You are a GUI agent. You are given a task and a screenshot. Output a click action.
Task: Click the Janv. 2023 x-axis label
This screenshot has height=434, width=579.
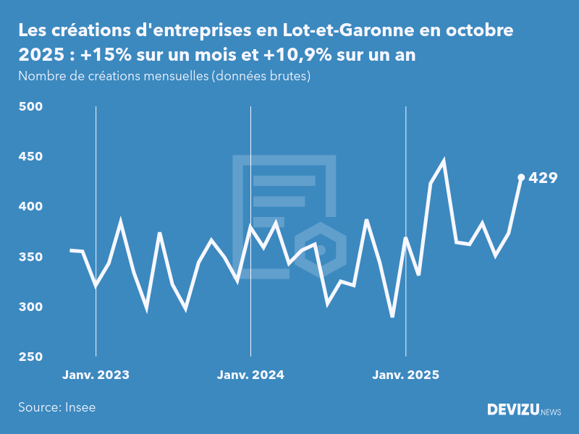[x=96, y=375]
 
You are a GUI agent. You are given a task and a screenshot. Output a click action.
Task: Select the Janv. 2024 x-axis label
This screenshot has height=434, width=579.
[x=250, y=375]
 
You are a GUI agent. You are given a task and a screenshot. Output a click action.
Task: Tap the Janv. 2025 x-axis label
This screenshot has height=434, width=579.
[x=405, y=375]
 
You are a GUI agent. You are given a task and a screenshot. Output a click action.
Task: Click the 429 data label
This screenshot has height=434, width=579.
[x=543, y=177]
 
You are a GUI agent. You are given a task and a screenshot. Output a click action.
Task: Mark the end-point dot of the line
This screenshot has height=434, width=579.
[x=521, y=177]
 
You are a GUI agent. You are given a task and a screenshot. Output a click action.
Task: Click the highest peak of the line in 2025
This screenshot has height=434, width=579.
[x=444, y=161]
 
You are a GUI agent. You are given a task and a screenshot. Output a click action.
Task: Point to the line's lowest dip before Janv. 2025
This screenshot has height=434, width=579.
[x=392, y=316]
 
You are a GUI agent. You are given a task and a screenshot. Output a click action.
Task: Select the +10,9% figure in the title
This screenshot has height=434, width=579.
[x=324, y=56]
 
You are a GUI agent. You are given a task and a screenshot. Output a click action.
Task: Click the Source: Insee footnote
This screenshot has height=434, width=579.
[x=57, y=407]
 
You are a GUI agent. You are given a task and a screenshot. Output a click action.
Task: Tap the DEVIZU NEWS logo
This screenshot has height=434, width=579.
[x=523, y=410]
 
